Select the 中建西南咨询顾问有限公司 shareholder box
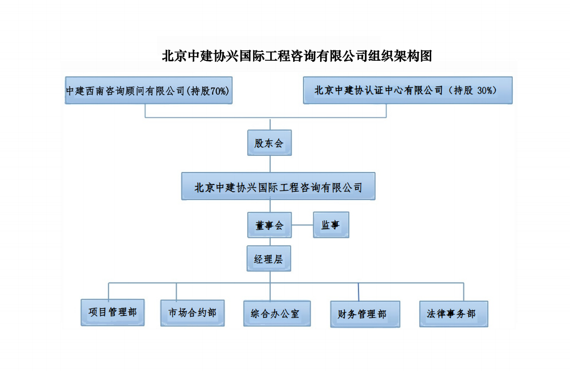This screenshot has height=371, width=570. (148, 90)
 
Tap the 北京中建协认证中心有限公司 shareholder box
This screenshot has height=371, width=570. (408, 90)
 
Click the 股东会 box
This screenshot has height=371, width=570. (269, 143)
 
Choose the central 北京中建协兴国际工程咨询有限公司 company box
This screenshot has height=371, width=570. (278, 187)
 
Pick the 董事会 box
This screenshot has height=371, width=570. (269, 225)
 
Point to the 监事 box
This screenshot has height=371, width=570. (331, 225)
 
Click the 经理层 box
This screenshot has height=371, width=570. (269, 259)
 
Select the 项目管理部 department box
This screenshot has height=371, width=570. (113, 313)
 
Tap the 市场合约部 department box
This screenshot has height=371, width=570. (192, 313)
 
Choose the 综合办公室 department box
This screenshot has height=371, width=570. (277, 314)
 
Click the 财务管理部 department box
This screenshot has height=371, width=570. (365, 314)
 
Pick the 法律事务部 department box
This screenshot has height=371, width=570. (454, 314)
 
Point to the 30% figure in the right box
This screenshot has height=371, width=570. (485, 90)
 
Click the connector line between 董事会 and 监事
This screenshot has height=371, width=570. (302, 225)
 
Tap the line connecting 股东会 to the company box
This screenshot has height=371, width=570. (270, 164)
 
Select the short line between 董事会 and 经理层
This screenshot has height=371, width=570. (270, 242)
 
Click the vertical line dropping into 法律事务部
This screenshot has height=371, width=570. (463, 291)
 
